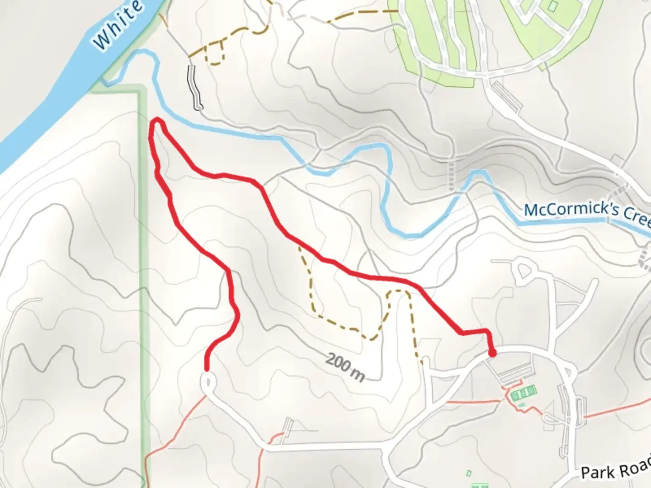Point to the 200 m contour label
(x=345, y=367)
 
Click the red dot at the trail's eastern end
(x=492, y=353)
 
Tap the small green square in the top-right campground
(x=553, y=6)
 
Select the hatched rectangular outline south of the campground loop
(x=506, y=97)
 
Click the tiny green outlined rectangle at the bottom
(x=469, y=473)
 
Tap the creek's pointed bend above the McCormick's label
(x=477, y=172)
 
